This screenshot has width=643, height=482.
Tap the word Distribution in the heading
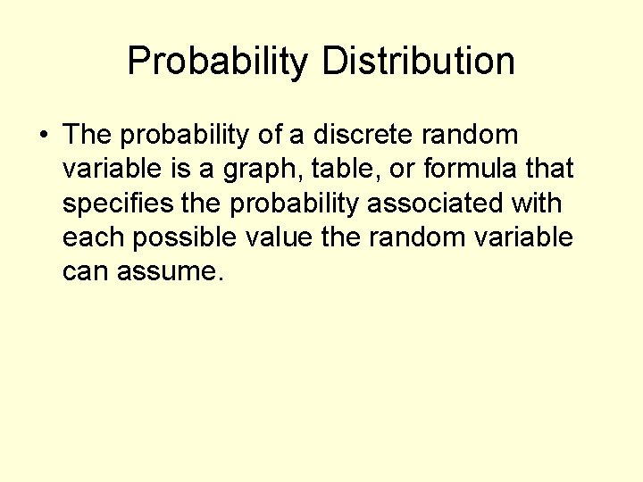coord(418,62)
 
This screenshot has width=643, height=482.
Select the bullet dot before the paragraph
coord(43,136)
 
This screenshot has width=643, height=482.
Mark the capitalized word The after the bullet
coord(88,135)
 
